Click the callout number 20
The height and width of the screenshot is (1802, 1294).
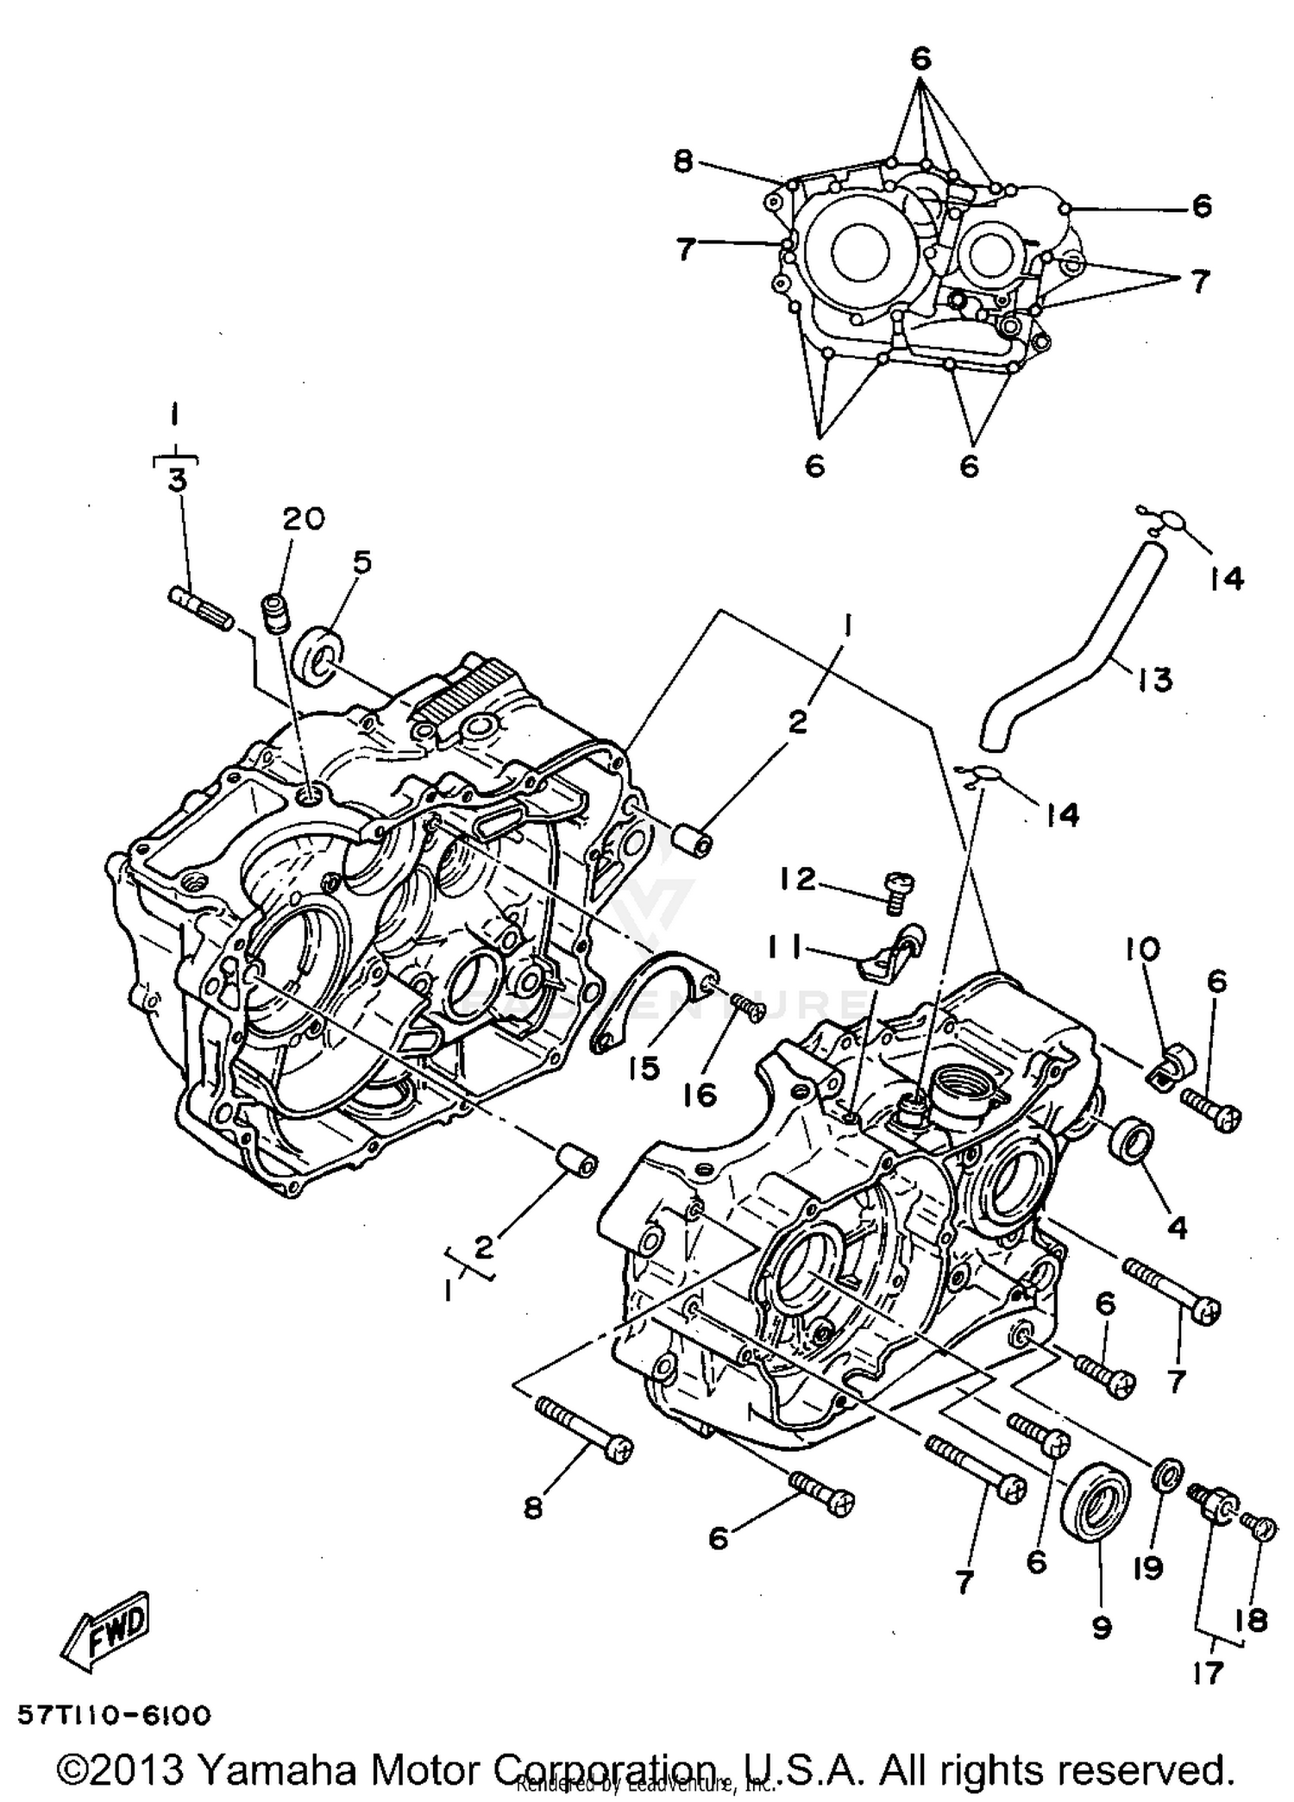303,518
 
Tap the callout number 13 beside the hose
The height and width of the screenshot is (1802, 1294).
1154,679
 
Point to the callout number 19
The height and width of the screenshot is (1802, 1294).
1148,1567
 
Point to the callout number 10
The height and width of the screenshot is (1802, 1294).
1142,950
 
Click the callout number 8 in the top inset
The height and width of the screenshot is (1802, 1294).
683,161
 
